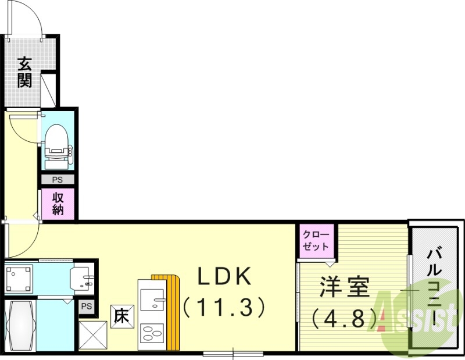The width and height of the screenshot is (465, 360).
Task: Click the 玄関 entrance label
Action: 24,71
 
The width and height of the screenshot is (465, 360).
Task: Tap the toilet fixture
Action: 58,142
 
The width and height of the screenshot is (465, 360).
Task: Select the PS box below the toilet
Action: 58,180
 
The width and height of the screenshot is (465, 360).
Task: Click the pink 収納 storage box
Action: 58,204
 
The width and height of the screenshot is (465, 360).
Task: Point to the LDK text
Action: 225,278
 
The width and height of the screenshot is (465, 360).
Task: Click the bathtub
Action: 20,326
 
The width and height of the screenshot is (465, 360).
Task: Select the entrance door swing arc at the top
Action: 32,17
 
